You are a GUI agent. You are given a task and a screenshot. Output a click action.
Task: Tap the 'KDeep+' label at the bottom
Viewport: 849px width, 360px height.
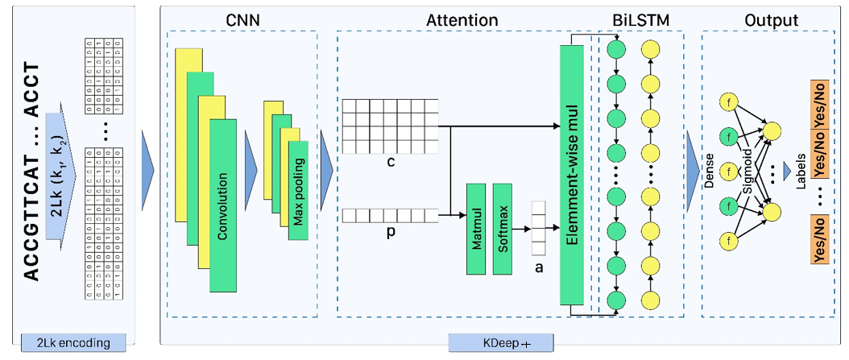click(x=500, y=343)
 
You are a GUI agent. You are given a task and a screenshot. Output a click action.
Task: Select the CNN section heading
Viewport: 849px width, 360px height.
click(x=243, y=20)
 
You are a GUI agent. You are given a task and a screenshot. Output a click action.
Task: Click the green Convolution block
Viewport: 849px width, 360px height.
click(x=222, y=205)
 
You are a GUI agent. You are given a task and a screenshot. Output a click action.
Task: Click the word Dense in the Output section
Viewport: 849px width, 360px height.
click(x=710, y=172)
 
